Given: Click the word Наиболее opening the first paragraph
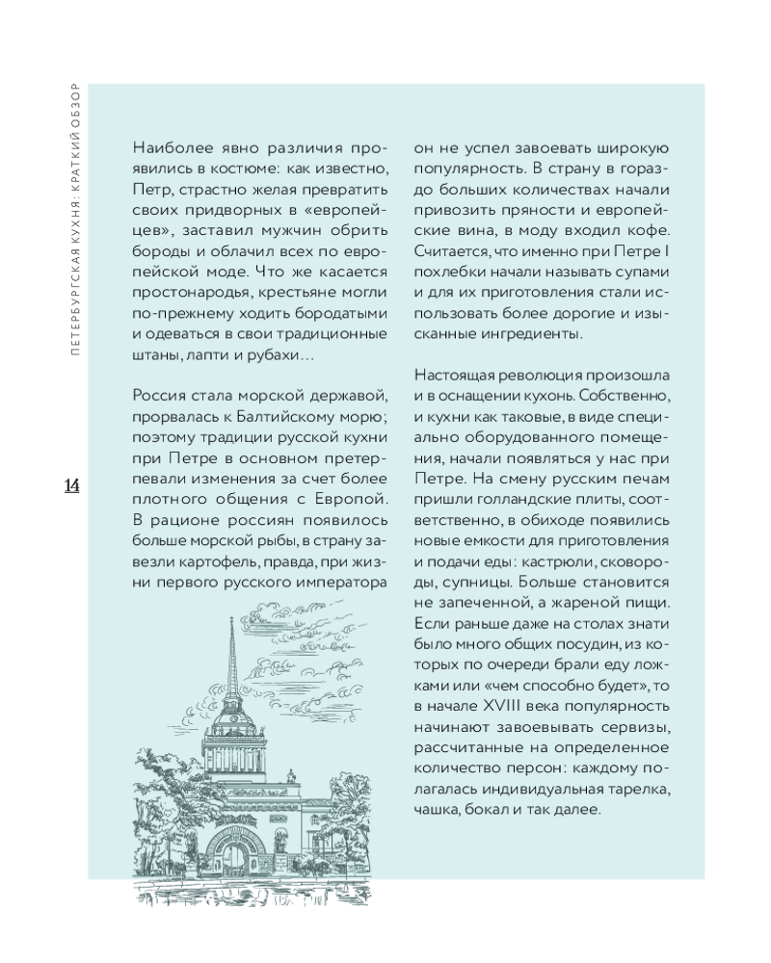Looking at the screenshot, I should [x=167, y=148].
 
